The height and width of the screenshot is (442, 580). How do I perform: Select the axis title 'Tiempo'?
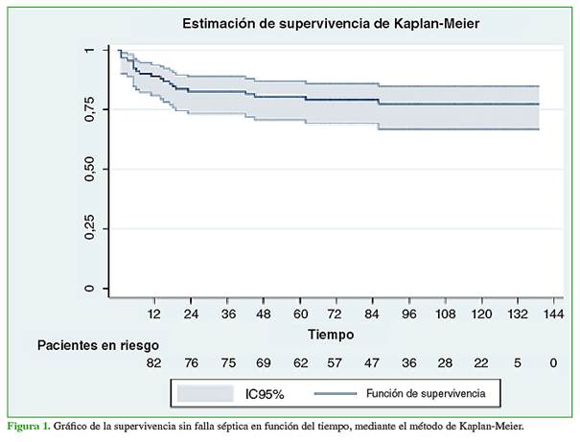click(331, 335)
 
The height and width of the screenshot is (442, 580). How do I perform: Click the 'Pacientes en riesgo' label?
click(98, 344)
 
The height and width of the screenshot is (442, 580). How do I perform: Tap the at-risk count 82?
click(153, 363)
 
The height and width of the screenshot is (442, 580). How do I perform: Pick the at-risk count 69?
click(263, 363)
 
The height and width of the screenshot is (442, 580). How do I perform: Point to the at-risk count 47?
click(372, 363)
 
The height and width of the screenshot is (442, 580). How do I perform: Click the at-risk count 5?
click(518, 363)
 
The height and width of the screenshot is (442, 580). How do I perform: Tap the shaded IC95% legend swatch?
click(207, 393)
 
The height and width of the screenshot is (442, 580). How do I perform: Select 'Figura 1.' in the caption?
click(30, 424)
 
